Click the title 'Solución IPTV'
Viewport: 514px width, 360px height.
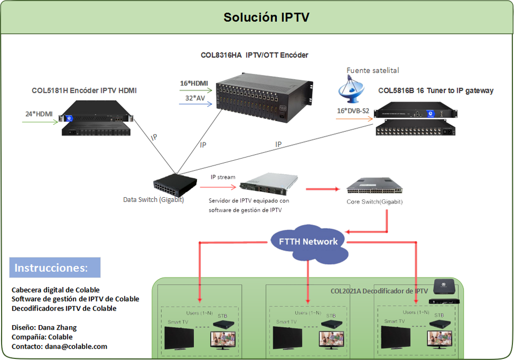pos(266,17)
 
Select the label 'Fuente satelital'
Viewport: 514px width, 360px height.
pos(373,70)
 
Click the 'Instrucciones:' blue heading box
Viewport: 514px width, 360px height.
pos(55,267)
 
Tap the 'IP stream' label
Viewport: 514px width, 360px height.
pos(222,177)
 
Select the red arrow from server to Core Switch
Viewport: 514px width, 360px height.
pos(323,189)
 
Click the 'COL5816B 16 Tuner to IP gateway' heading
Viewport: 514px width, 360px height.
pos(436,91)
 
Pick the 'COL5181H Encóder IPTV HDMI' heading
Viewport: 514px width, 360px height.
pos(84,91)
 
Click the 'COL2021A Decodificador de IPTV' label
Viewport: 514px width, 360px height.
pos(379,291)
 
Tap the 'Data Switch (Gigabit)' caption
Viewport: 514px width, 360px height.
pos(154,200)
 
